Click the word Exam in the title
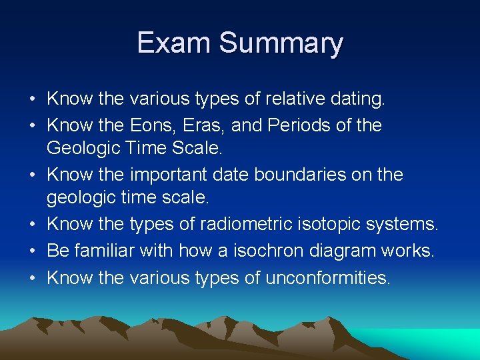pos(174,43)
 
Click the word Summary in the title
pos(281,44)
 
